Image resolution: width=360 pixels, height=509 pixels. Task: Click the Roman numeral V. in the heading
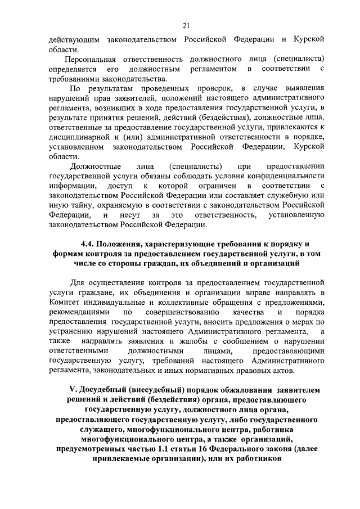pos(71,390)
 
